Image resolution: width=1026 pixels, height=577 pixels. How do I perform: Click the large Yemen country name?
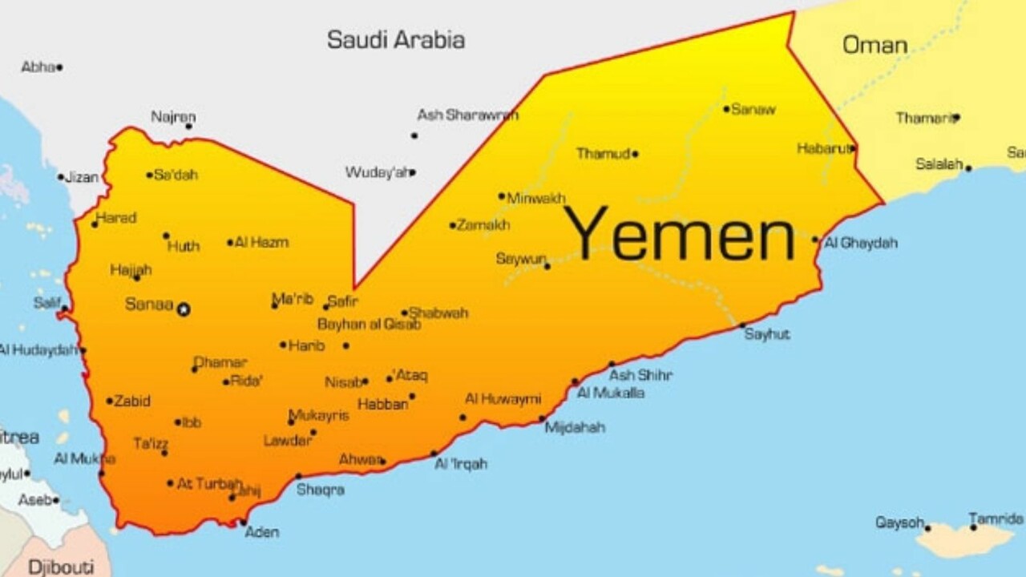click(680, 234)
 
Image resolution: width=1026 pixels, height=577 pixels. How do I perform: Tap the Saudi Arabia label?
click(396, 40)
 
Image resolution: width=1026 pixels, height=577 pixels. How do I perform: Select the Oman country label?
click(875, 45)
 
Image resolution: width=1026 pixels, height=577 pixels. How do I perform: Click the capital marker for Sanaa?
click(184, 309)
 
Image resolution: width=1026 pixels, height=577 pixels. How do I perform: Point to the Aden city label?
click(262, 532)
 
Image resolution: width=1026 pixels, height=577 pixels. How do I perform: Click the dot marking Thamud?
click(635, 154)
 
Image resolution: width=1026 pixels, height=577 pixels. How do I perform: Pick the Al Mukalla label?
click(611, 393)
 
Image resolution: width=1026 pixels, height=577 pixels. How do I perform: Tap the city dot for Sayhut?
click(742, 326)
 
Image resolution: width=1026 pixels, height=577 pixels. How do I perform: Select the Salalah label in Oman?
click(939, 164)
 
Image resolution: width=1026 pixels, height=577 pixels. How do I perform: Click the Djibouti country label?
click(59, 567)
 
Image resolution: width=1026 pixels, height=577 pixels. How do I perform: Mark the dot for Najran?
click(189, 126)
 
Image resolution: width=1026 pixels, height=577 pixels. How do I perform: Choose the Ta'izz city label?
click(151, 443)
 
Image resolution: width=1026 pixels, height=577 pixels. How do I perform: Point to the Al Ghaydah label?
click(861, 243)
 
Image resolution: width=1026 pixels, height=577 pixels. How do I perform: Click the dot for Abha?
click(59, 68)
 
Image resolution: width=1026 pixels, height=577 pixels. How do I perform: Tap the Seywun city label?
click(521, 259)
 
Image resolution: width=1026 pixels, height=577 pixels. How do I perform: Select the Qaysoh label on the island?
click(899, 523)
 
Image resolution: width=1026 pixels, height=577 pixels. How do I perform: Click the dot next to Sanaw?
click(726, 109)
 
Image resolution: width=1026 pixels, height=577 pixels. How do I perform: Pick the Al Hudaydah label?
click(37, 350)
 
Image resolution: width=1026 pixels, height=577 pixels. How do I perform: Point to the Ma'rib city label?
click(293, 299)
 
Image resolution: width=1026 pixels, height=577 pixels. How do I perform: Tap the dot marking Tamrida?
click(973, 527)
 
